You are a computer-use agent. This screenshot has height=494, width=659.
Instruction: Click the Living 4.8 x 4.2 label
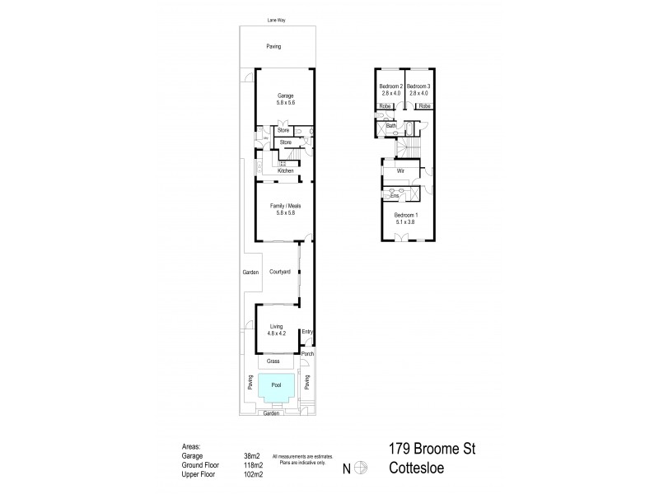tap(277, 329)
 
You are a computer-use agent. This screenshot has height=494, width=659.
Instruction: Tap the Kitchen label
tap(286, 170)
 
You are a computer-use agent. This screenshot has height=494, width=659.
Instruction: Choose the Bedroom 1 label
tap(405, 215)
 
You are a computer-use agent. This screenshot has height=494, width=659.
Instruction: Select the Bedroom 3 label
tap(418, 90)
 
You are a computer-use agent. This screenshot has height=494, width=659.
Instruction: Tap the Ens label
tap(395, 196)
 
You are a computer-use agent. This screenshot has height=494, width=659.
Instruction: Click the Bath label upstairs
tap(391, 125)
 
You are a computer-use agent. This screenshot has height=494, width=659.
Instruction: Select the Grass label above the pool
tap(273, 361)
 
